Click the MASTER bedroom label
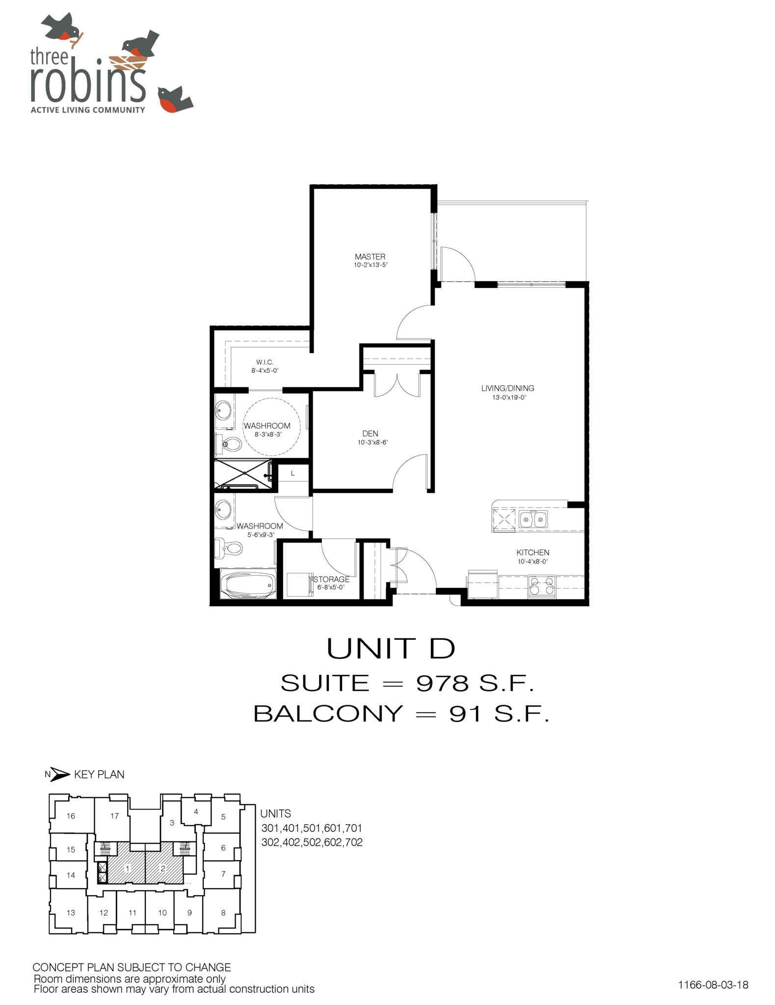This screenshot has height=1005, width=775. click(x=370, y=257)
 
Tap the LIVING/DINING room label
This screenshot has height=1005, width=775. click(x=508, y=388)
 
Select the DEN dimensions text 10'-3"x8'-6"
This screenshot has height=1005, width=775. click(x=373, y=443)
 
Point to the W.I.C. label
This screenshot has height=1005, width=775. click(x=265, y=362)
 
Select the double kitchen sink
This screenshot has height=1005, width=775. click(x=533, y=519)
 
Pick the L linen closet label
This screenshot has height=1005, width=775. click(x=293, y=474)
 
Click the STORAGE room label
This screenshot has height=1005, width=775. click(x=331, y=580)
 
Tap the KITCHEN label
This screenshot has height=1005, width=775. click(x=533, y=553)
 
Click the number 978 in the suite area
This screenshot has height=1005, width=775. click(x=442, y=683)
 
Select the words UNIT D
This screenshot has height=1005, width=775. click(x=391, y=649)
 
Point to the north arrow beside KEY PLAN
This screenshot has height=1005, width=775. click(x=60, y=774)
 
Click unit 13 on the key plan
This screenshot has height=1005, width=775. click(x=71, y=913)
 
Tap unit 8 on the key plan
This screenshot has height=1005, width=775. click(x=223, y=913)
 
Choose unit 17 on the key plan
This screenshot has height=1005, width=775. click(x=114, y=816)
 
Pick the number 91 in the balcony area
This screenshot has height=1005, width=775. click(x=466, y=714)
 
